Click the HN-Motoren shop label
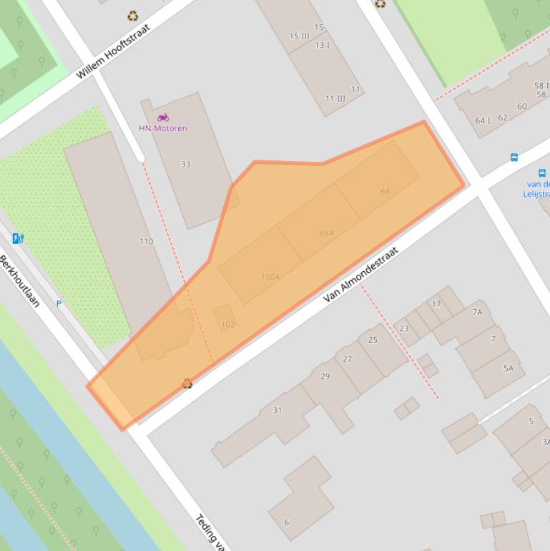[162, 129]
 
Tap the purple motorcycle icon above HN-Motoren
[163, 117]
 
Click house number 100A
[270, 277]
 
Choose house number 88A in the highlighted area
[327, 233]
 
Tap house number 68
[386, 191]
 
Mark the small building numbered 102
[227, 324]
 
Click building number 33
[186, 165]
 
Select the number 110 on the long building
[146, 242]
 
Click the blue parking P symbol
[59, 304]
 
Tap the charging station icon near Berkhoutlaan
[18, 238]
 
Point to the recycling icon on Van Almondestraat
[187, 384]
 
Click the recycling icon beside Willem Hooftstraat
[132, 15]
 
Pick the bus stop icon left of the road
[514, 157]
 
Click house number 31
[277, 410]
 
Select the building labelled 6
[287, 522]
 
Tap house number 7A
[477, 312]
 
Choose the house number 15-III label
[299, 36]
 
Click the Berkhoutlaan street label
[19, 281]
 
